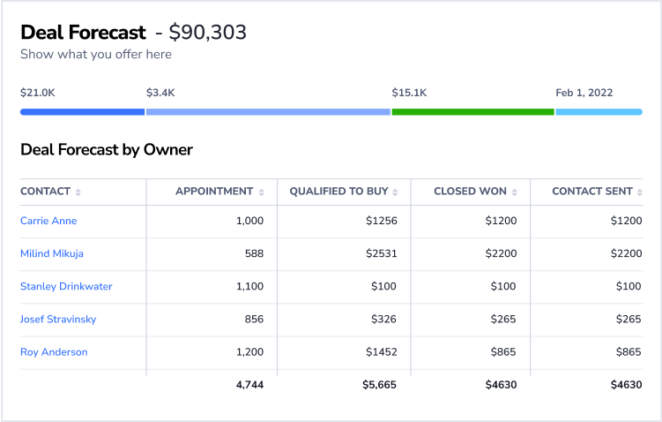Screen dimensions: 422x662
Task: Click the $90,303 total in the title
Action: pyautogui.click(x=208, y=33)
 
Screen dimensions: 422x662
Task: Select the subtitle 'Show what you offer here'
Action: pyautogui.click(x=96, y=55)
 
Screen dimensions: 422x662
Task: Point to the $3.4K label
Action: pyautogui.click(x=160, y=92)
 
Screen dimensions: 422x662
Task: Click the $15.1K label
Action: pyautogui.click(x=409, y=92)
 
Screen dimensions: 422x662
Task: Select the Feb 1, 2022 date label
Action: pyautogui.click(x=584, y=92)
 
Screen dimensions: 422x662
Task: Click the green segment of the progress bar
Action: pyautogui.click(x=472, y=112)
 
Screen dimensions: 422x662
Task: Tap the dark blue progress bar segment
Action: pyautogui.click(x=82, y=112)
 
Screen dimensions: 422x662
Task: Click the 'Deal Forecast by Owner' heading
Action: pyautogui.click(x=107, y=149)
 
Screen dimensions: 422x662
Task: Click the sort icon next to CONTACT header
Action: pyautogui.click(x=78, y=192)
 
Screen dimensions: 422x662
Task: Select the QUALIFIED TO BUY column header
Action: pyautogui.click(x=339, y=192)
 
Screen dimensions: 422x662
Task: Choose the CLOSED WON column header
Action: pyautogui.click(x=470, y=192)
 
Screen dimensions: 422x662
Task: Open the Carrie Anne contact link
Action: pyautogui.click(x=48, y=221)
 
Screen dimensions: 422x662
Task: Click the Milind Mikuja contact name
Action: pyautogui.click(x=52, y=253)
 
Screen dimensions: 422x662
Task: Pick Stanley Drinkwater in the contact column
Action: pyautogui.click(x=66, y=286)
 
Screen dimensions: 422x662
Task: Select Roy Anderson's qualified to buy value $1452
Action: pyautogui.click(x=382, y=352)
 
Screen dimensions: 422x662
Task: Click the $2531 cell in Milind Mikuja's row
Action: pyautogui.click(x=382, y=253)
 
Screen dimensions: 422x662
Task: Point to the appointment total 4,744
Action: pyautogui.click(x=249, y=385)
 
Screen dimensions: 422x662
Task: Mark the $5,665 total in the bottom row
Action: pyautogui.click(x=379, y=385)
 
